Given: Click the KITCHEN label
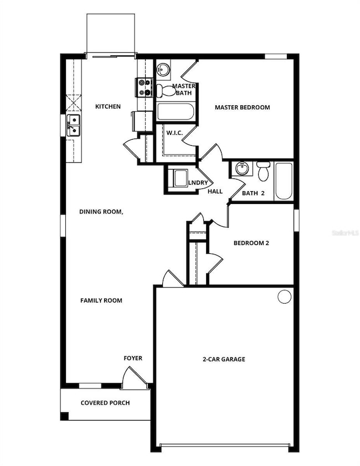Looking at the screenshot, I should tap(107, 106).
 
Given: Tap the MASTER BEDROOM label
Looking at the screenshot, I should tap(242, 107).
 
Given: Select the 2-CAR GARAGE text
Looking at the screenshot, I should tap(223, 359).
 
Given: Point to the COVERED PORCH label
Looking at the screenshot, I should tap(105, 403).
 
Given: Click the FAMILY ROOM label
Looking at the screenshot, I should tap(101, 300).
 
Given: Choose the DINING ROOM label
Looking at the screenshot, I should tap(101, 212).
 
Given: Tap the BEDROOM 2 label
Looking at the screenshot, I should tap(251, 243).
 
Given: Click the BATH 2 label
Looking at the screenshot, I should tap(254, 193).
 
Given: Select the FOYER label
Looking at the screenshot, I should tap(132, 359).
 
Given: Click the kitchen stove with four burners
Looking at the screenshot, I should tap(144, 88).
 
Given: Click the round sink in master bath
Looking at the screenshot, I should tap(163, 70).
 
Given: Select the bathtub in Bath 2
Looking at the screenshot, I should tap(284, 181).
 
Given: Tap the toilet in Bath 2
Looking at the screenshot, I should tap(264, 171).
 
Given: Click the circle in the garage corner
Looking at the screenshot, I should tap(284, 297).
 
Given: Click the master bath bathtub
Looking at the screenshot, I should tap(175, 112).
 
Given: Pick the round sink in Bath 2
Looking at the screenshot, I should tap(241, 168).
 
